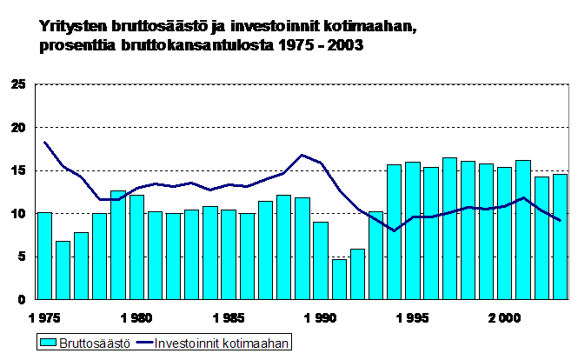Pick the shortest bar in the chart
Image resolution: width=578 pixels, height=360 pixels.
pyautogui.click(x=339, y=279)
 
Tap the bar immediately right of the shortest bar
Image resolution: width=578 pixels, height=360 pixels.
pyautogui.click(x=357, y=274)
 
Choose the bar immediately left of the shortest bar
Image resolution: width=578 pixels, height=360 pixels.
pyautogui.click(x=321, y=260)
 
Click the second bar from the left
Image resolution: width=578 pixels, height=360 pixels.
pyautogui.click(x=63, y=270)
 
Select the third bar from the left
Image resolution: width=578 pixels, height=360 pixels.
pyautogui.click(x=81, y=265)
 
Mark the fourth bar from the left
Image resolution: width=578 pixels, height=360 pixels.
pyautogui.click(x=99, y=256)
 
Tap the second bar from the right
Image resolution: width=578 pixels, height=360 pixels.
pyautogui.click(x=541, y=237)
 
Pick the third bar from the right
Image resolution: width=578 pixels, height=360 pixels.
pyautogui.click(x=523, y=230)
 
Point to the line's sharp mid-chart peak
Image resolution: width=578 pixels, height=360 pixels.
pyautogui.click(x=302, y=155)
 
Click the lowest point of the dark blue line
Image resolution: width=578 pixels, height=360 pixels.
pyautogui.click(x=395, y=231)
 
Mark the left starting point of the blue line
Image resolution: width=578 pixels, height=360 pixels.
pyautogui.click(x=44, y=142)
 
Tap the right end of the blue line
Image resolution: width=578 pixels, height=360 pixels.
pyautogui.click(x=560, y=221)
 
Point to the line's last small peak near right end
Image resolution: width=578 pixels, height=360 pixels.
pyautogui.click(x=523, y=197)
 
